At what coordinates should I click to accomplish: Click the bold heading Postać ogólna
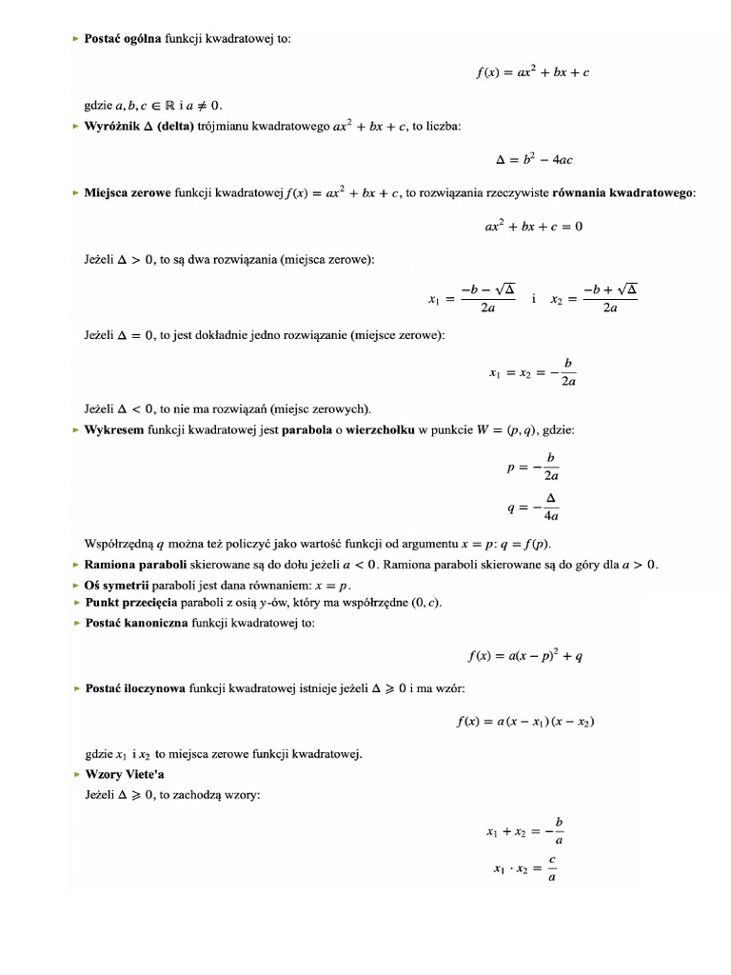click(123, 39)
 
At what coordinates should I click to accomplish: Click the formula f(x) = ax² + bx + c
click(533, 71)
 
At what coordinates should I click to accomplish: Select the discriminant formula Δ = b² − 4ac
click(533, 161)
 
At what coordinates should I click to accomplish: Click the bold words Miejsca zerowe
click(128, 193)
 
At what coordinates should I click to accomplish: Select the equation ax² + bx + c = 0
click(533, 227)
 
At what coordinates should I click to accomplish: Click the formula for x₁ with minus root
click(472, 298)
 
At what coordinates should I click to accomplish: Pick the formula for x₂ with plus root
click(594, 298)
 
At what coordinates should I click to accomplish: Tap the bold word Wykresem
click(113, 430)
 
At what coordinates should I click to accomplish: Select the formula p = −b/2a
click(534, 467)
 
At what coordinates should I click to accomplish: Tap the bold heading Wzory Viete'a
click(125, 774)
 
